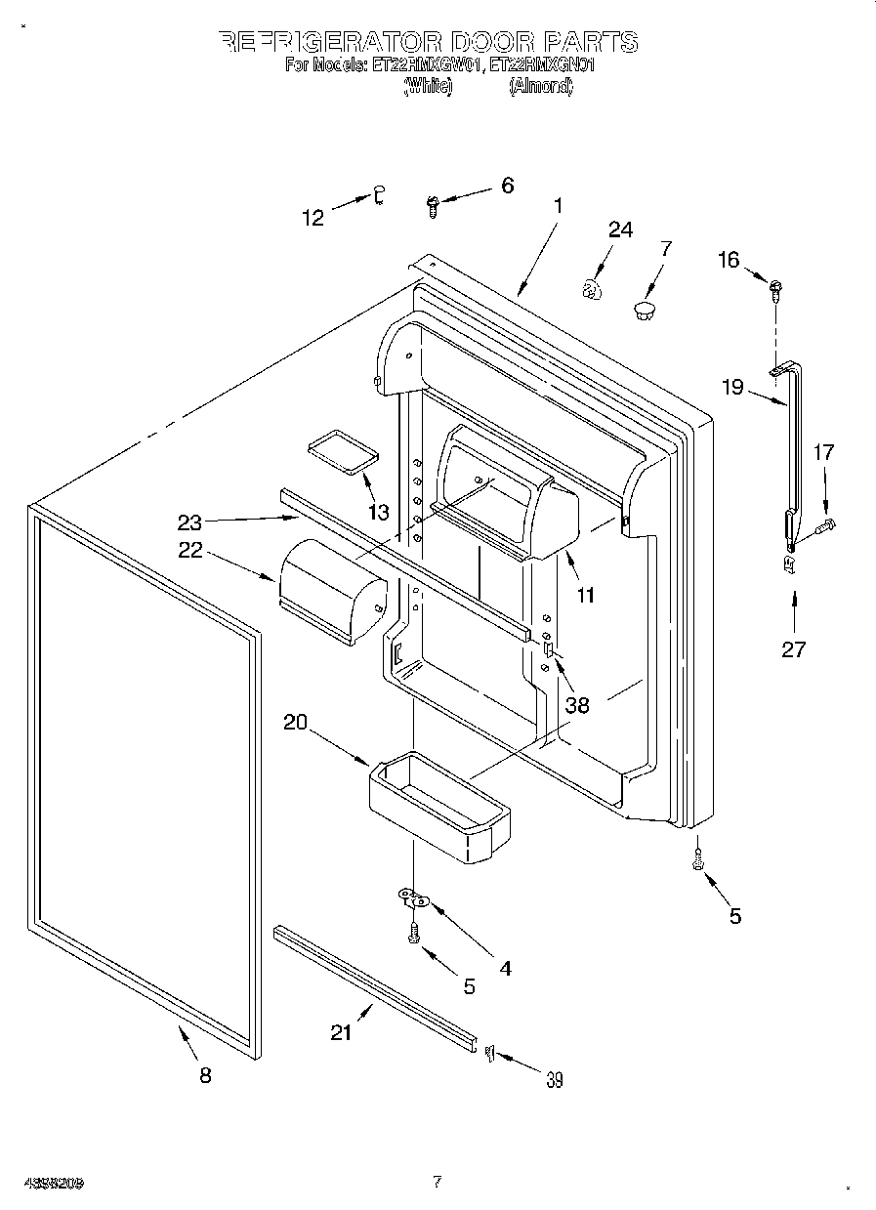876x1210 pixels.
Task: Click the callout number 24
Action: coord(620,230)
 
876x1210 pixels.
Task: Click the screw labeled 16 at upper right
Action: coord(776,287)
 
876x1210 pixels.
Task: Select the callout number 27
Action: coord(793,648)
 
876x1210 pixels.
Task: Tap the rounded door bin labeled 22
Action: coord(330,591)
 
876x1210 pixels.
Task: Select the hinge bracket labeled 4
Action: coord(414,896)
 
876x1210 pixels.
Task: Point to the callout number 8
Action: coord(205,1075)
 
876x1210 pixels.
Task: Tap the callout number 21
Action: coord(340,1032)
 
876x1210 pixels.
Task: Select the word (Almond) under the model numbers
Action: coord(540,86)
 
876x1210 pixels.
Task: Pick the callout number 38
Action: coord(577,704)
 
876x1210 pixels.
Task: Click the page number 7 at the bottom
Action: coord(437,1182)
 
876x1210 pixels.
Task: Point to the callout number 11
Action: coord(586,593)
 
